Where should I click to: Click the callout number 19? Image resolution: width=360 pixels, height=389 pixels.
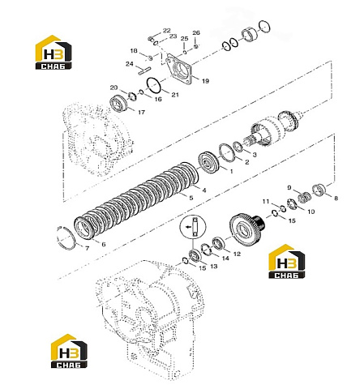[205, 81]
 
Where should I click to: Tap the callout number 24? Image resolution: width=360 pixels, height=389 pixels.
[130, 64]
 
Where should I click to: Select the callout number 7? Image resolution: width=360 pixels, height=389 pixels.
[87, 248]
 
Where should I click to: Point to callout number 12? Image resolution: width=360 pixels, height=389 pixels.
[237, 254]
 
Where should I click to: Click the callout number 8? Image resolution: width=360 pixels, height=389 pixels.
[336, 199]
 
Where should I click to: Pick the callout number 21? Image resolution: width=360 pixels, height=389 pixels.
[175, 95]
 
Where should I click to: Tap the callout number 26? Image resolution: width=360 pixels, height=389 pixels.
[196, 33]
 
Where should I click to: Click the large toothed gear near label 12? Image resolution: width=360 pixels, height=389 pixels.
[246, 229]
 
